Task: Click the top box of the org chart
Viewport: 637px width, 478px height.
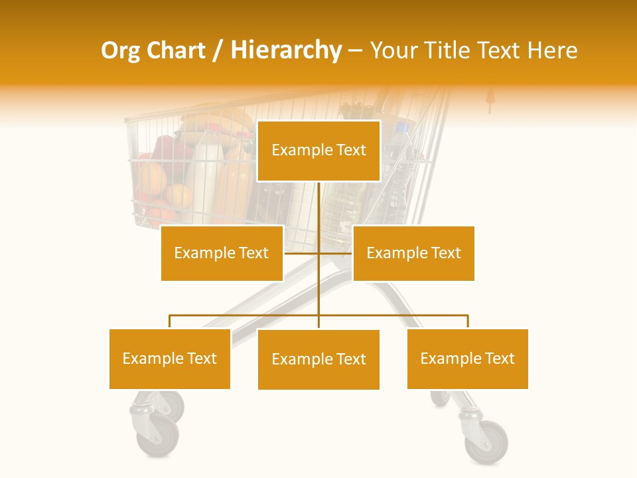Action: coord(318,151)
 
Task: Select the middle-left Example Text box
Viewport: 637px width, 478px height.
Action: coord(222,253)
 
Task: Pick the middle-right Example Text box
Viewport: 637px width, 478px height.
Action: coord(413,253)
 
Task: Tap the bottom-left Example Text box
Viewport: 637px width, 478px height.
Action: coord(170,358)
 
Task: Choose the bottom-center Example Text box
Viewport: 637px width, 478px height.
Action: coord(318,359)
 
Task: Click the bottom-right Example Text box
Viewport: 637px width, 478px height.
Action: coord(468,358)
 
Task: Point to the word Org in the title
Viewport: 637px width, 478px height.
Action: coord(120,50)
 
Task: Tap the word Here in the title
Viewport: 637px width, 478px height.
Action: coord(552,50)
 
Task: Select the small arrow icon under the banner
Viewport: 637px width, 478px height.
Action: coord(490,100)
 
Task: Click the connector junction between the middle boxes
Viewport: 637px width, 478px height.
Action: coord(318,253)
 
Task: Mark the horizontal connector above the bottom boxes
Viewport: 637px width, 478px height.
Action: coord(246,315)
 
